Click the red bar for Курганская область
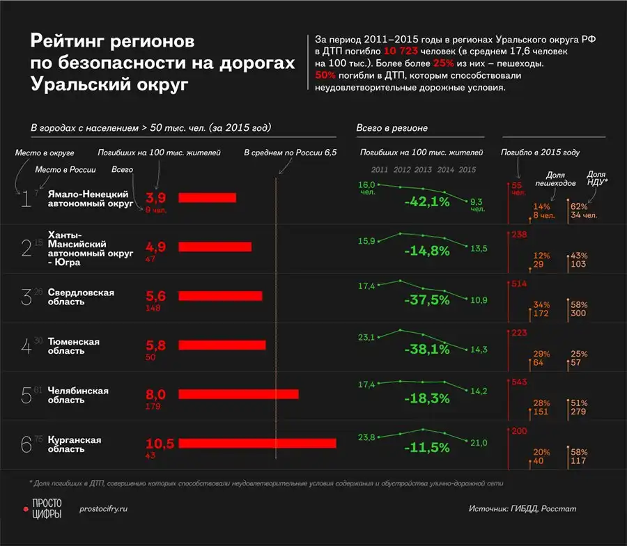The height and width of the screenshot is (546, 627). click(x=258, y=444)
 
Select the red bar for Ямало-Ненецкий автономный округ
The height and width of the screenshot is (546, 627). click(x=208, y=198)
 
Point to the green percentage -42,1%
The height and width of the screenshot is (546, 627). click(x=427, y=202)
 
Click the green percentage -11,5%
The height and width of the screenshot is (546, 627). click(x=427, y=445)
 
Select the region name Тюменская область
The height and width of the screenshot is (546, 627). click(x=73, y=346)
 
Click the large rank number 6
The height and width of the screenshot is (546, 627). click(x=26, y=444)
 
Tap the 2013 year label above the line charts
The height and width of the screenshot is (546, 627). click(x=424, y=170)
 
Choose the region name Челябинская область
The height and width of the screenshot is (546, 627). click(x=78, y=395)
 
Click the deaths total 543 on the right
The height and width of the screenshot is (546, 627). click(x=520, y=384)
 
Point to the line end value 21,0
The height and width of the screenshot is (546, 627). click(x=479, y=443)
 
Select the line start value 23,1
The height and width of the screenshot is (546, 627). click(x=366, y=337)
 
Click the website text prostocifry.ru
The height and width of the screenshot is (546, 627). click(x=104, y=509)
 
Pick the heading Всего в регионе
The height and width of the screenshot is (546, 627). click(x=392, y=128)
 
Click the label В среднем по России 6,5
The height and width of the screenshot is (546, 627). click(x=290, y=152)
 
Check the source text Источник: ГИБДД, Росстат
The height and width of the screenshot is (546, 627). click(x=522, y=509)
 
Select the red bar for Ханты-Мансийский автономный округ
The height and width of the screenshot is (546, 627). click(x=215, y=247)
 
